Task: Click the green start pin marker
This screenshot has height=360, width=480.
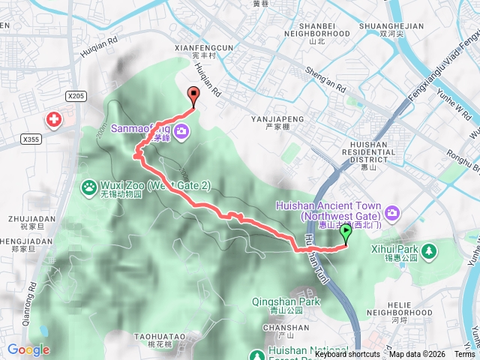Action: pyautogui.click(x=346, y=233)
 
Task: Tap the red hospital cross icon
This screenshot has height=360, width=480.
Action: pyautogui.click(x=54, y=119)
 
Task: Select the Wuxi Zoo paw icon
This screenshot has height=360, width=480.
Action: pyautogui.click(x=89, y=186)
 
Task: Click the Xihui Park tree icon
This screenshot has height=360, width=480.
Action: pyautogui.click(x=429, y=250)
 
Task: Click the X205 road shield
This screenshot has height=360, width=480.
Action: pyautogui.click(x=76, y=96)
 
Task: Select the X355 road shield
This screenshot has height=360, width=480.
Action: pyautogui.click(x=31, y=139)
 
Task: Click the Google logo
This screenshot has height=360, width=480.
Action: pyautogui.click(x=28, y=349)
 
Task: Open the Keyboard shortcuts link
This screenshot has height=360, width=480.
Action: pyautogui.click(x=347, y=354)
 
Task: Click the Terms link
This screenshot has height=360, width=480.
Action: pyautogui.click(x=464, y=354)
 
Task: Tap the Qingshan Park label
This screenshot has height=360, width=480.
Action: pyautogui.click(x=286, y=302)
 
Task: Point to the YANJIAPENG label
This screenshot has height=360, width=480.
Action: pyautogui.click(x=277, y=118)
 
